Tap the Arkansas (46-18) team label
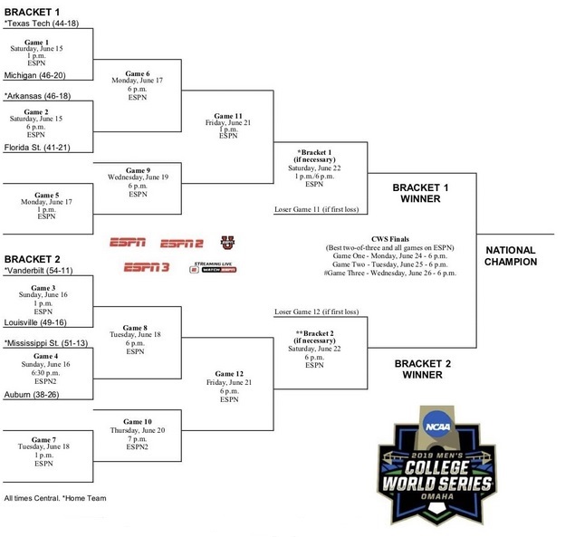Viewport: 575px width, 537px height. coord(41,94)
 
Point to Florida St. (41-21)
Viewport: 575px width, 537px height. coord(39,145)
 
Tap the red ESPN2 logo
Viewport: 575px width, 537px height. coord(182,242)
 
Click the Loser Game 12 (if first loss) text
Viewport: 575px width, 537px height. coord(316,312)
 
